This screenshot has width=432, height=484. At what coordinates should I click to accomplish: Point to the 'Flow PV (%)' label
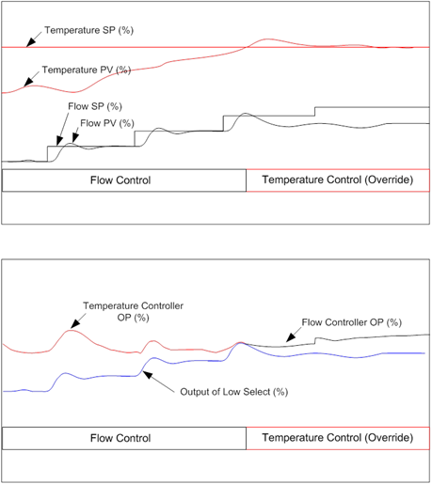(x=106, y=123)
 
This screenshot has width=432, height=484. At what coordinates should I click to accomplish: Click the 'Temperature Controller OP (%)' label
(x=133, y=311)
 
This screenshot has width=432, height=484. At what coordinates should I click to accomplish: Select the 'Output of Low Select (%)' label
(x=232, y=391)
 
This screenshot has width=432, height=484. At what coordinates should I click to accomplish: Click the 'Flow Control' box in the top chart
(x=124, y=180)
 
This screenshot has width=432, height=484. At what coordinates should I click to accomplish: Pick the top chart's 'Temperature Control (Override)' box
(x=337, y=180)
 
